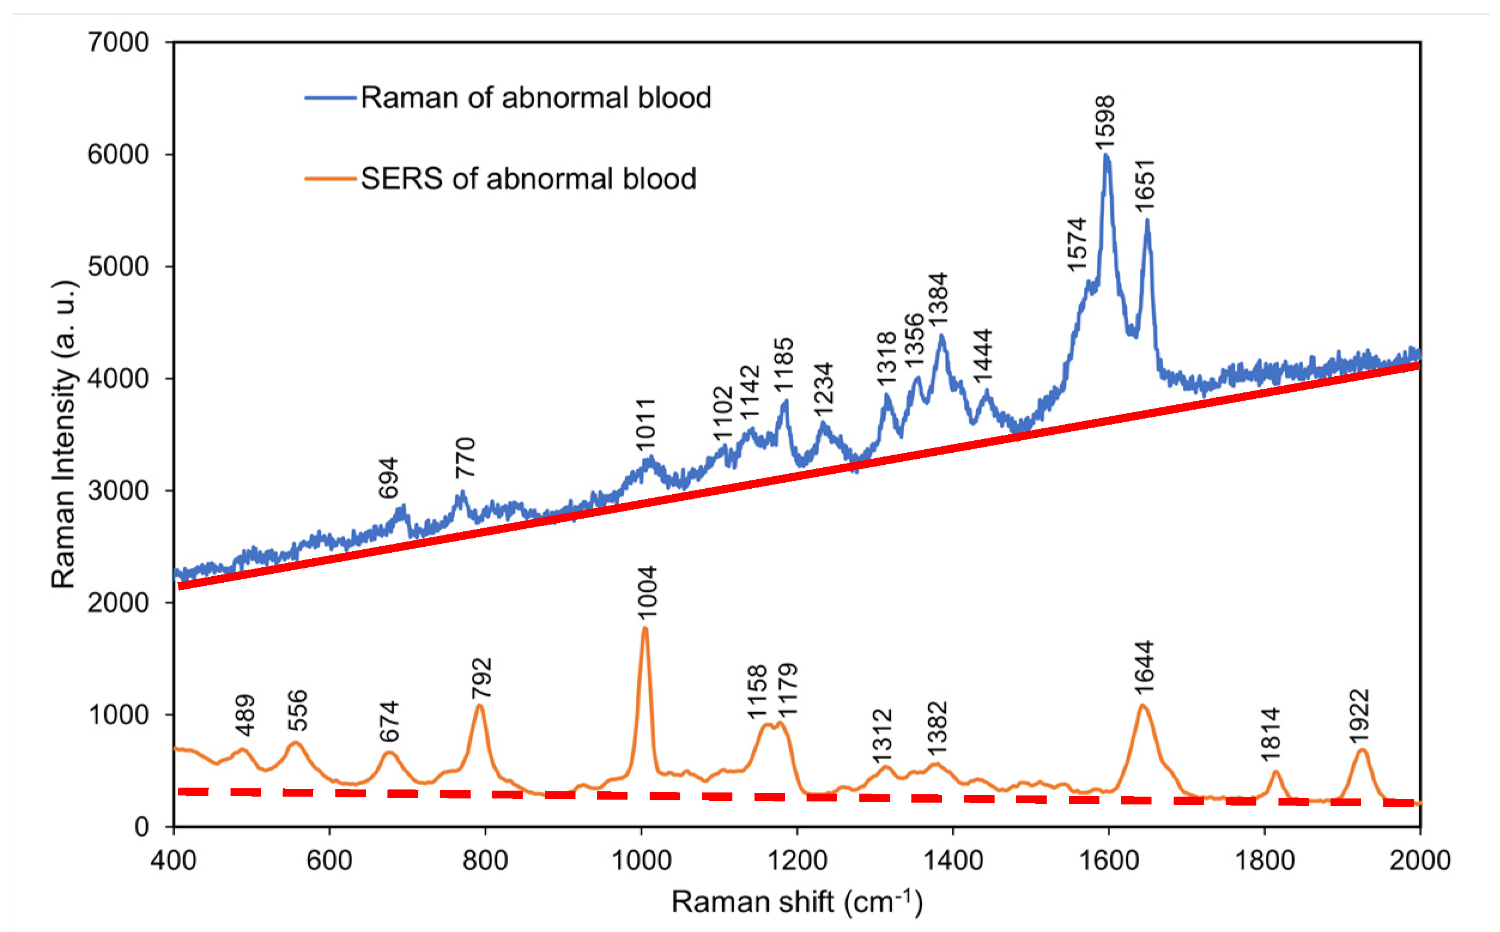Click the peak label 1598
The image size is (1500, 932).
coord(1105,122)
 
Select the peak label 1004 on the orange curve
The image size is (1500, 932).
coord(647,592)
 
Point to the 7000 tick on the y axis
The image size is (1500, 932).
coord(119,43)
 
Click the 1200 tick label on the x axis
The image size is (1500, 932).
coord(797,860)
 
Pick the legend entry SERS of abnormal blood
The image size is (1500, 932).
coord(528,178)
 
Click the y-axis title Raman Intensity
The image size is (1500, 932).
coord(63,435)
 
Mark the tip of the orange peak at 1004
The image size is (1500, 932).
coord(645,628)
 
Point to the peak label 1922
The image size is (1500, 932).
coord(1358,716)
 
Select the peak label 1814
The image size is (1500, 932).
coord(1271,735)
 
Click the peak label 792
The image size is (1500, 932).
coord(481,679)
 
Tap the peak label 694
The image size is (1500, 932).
coord(388,478)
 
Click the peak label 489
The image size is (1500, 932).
coord(245,716)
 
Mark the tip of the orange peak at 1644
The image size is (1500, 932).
coord(1142,704)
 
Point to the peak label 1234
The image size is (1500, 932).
coord(823,389)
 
